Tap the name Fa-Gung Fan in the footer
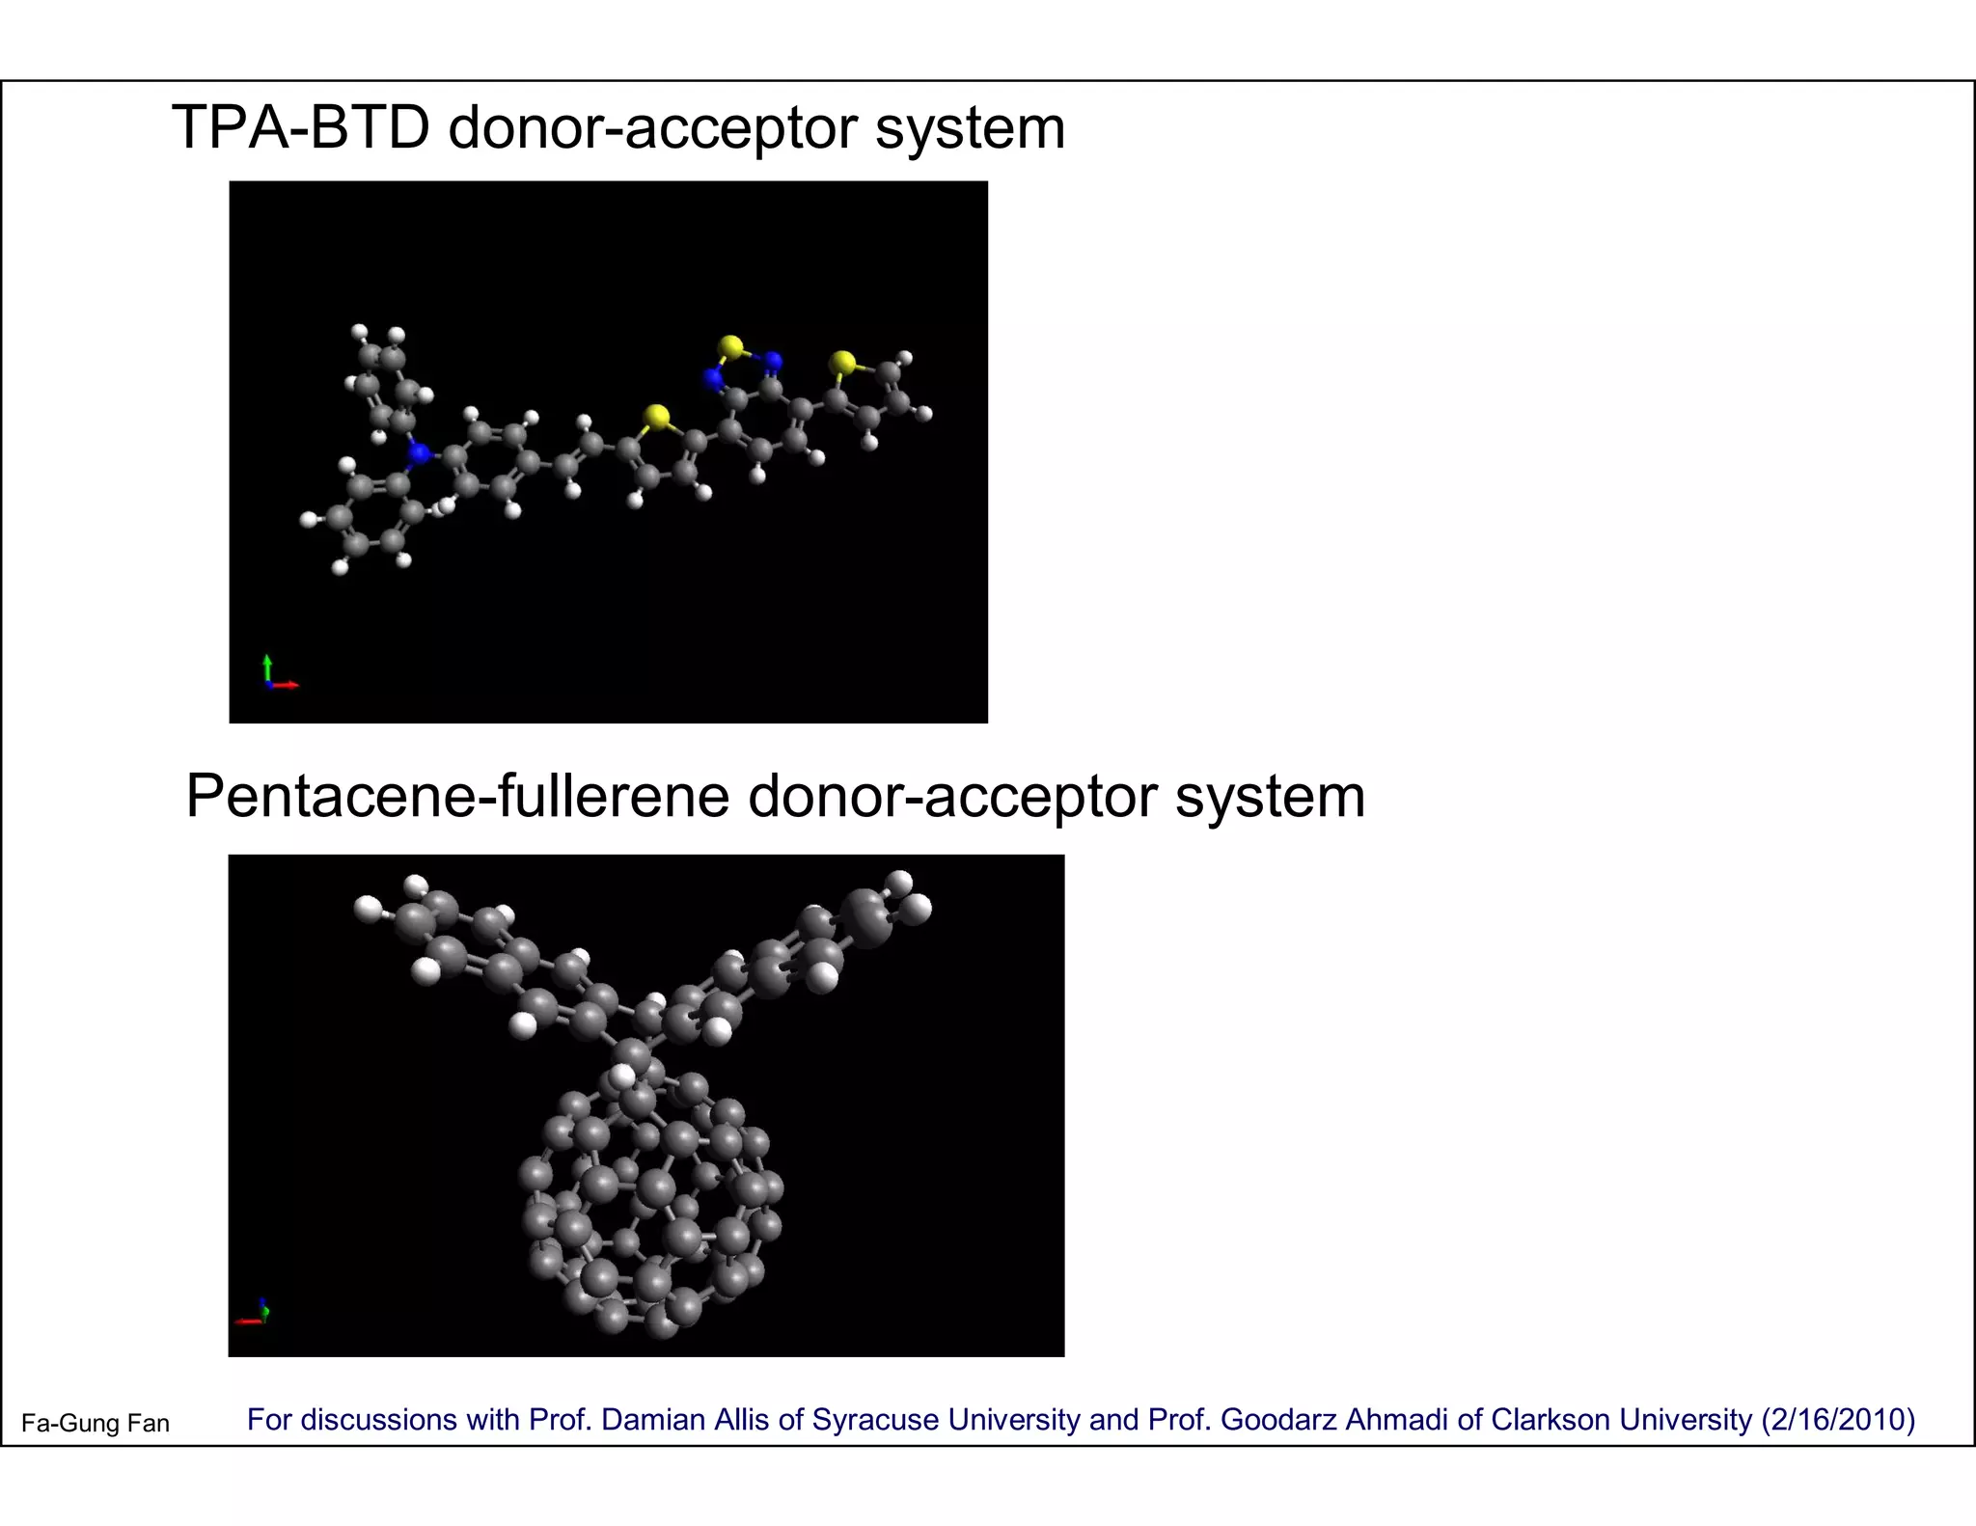point(96,1424)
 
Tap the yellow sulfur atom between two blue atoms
point(730,345)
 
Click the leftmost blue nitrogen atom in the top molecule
point(419,451)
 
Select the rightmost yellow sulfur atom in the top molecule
point(843,363)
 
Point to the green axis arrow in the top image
point(267,667)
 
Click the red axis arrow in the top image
point(287,685)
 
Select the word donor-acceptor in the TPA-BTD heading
point(652,127)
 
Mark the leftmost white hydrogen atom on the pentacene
point(368,908)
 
